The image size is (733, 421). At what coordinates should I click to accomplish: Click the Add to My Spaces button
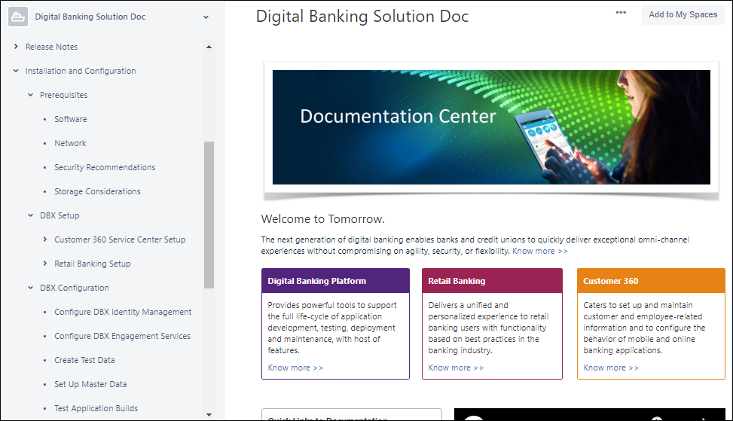[x=683, y=14]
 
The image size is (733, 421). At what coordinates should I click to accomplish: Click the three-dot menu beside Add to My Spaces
[x=621, y=13]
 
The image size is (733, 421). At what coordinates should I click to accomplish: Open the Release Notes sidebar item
[x=51, y=47]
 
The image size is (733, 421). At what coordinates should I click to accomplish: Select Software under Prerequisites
[x=70, y=119]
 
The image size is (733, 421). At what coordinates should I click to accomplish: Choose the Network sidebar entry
[x=70, y=143]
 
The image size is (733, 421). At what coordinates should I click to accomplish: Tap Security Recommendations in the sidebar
[x=105, y=167]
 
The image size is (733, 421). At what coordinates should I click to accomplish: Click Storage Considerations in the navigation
[x=97, y=191]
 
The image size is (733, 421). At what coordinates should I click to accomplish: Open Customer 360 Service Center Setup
[x=120, y=239]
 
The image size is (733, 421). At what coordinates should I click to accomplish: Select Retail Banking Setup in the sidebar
[x=93, y=264]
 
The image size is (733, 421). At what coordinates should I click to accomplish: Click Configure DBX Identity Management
[x=123, y=312]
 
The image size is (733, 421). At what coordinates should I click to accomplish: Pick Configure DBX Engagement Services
[x=122, y=336]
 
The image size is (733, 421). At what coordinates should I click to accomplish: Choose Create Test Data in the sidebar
[x=84, y=360]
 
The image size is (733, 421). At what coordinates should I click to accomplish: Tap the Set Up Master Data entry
[x=90, y=384]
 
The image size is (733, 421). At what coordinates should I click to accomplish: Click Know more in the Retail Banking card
[x=456, y=368]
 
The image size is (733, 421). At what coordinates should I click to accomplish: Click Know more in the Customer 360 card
[x=611, y=368]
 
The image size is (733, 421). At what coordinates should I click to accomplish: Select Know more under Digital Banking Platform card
[x=295, y=368]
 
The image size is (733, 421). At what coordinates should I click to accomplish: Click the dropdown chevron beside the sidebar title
[x=206, y=17]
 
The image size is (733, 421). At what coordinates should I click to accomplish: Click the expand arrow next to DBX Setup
[x=31, y=215]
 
